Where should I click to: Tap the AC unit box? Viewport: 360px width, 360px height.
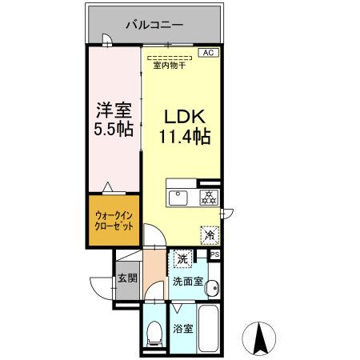click(207, 53)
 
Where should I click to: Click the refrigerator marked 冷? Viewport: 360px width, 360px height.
click(209, 236)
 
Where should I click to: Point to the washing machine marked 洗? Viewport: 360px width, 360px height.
click(183, 259)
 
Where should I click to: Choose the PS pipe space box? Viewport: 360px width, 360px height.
click(214, 254)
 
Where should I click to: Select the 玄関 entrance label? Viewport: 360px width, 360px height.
click(127, 279)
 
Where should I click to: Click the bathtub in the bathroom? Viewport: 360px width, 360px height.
click(210, 329)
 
